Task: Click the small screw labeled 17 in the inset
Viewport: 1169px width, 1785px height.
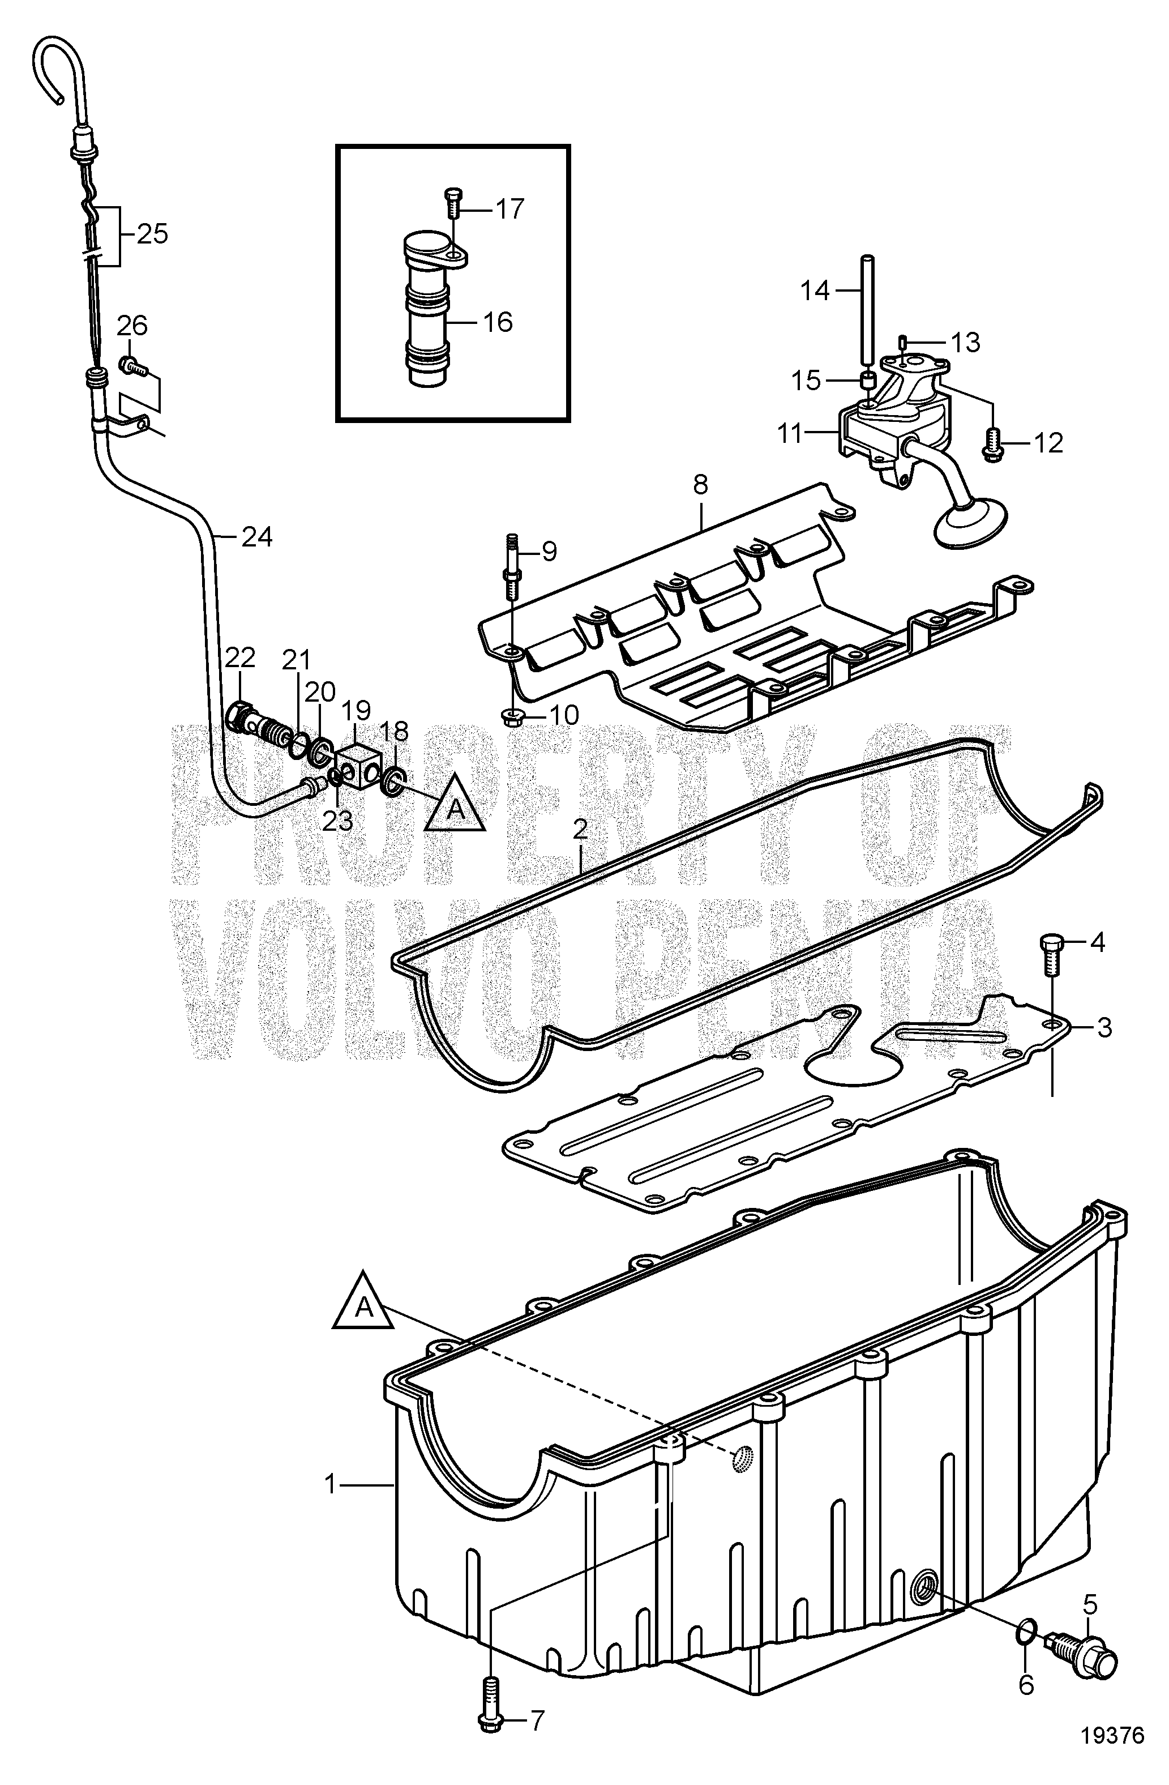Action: [x=453, y=203]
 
